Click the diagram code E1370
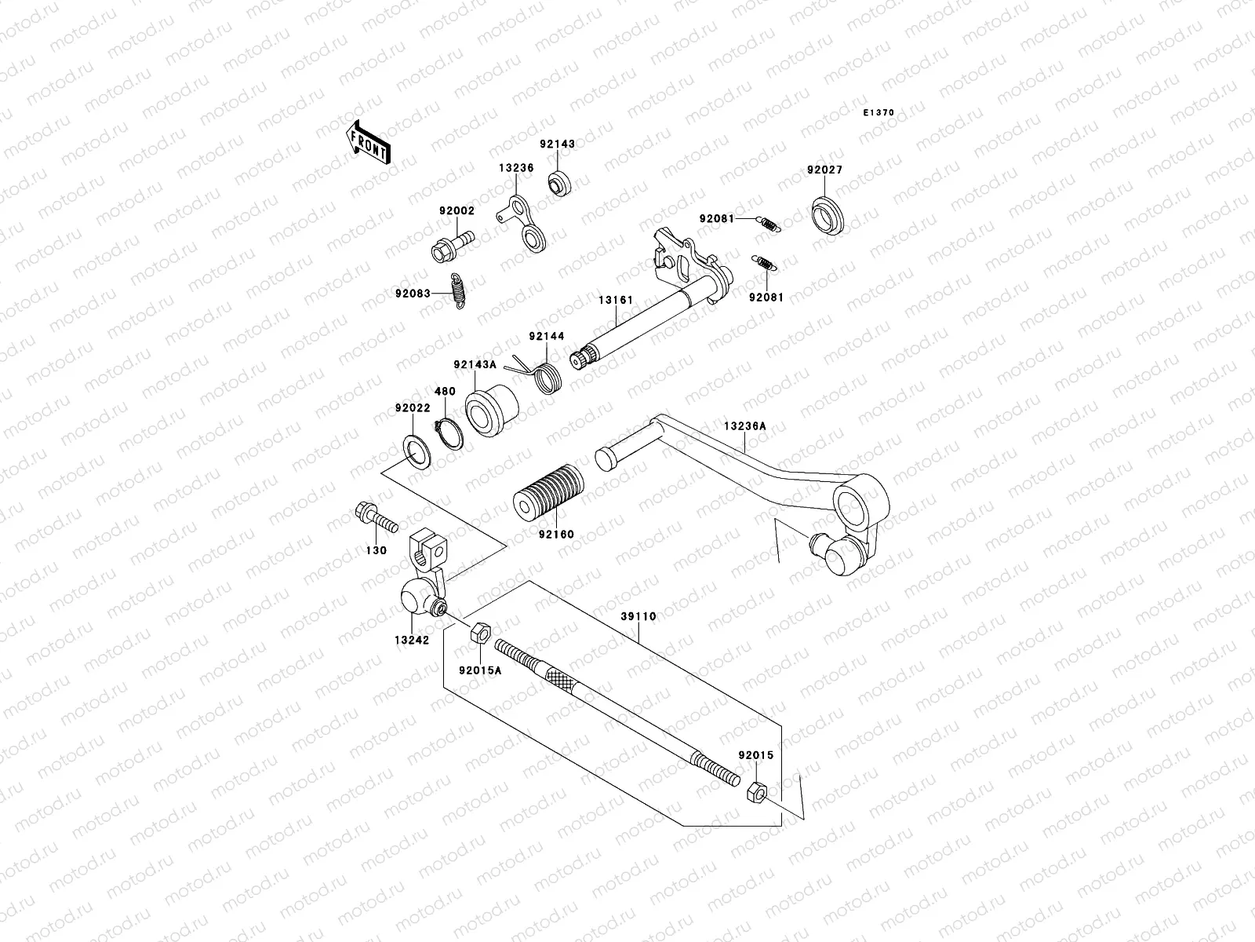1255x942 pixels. click(x=878, y=113)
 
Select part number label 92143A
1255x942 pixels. click(x=475, y=364)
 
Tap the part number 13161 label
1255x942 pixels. click(x=617, y=300)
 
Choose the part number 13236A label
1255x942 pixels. click(x=744, y=426)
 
